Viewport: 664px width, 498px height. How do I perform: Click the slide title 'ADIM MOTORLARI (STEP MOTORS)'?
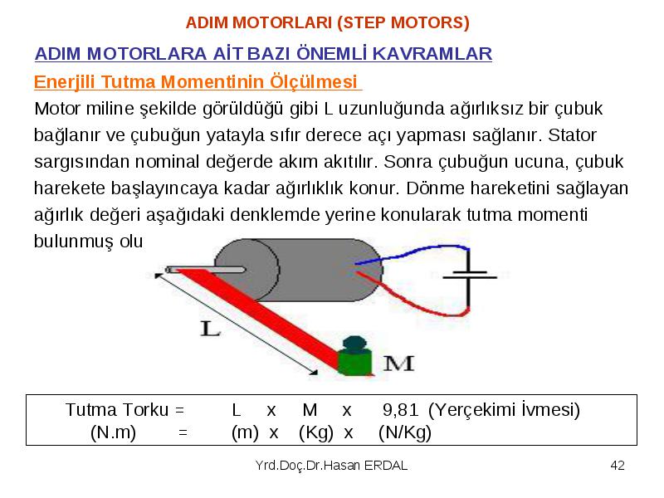(x=327, y=22)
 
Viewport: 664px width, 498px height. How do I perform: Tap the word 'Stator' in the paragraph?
(x=572, y=135)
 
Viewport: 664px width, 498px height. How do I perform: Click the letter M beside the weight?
(x=398, y=364)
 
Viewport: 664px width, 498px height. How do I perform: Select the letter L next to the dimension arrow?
(x=210, y=328)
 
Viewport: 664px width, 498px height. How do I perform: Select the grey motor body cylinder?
(x=299, y=270)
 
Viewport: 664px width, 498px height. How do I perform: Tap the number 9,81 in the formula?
(x=400, y=409)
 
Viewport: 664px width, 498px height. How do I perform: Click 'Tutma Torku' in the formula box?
(x=117, y=409)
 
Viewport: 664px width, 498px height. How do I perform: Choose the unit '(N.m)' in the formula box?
(x=113, y=432)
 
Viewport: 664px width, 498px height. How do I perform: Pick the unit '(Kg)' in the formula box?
(x=316, y=432)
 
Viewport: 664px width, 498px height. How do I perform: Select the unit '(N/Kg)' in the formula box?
(x=405, y=432)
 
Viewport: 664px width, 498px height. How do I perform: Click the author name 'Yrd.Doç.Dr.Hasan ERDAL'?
(x=331, y=466)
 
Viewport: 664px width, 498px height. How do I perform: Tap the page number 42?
(x=618, y=466)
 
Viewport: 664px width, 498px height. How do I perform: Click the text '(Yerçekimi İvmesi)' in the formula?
(x=504, y=409)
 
